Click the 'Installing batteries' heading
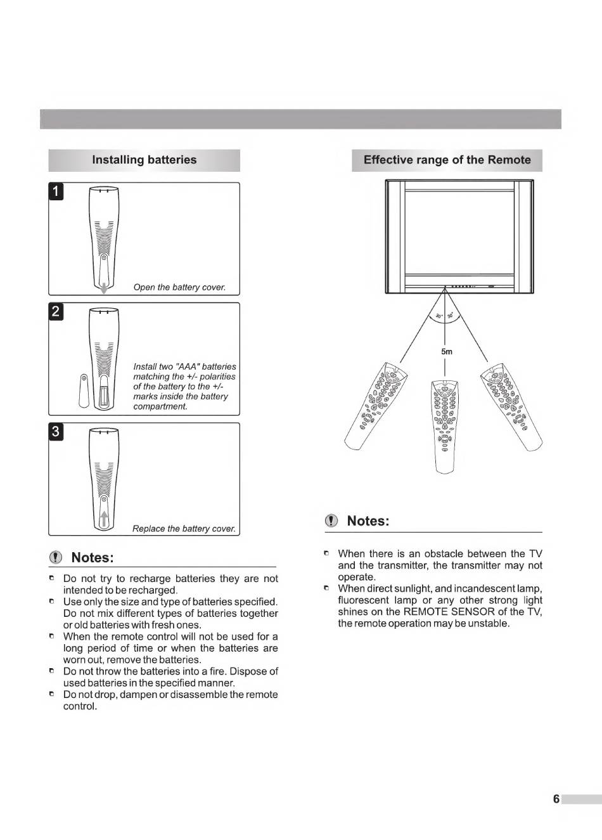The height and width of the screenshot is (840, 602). tap(144, 160)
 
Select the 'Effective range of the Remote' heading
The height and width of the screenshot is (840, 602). tap(447, 160)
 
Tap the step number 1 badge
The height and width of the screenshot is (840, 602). tap(56, 191)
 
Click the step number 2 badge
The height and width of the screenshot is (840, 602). tap(56, 311)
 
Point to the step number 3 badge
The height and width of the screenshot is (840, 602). tap(56, 432)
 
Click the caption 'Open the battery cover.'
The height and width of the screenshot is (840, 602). tap(179, 287)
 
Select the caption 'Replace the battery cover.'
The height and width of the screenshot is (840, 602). tap(184, 529)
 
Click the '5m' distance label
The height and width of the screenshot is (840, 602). tap(447, 351)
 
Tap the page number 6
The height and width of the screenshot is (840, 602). tap(556, 799)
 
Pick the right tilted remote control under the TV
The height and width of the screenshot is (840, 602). tap(512, 406)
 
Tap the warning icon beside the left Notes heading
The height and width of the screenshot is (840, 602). tap(57, 558)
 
